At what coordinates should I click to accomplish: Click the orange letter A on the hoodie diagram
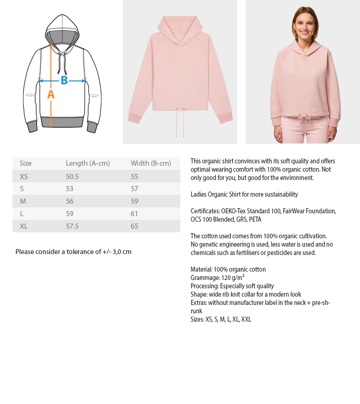[51, 94]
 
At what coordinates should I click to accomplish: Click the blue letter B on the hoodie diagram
[64, 81]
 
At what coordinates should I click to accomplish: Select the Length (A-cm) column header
[88, 163]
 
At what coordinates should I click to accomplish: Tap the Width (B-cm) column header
[151, 163]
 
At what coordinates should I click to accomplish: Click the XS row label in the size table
[24, 177]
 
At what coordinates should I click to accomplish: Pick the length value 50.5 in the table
[72, 177]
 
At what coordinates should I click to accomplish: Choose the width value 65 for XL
[134, 226]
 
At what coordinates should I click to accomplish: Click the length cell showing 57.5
[72, 226]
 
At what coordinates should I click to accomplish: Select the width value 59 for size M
[134, 201]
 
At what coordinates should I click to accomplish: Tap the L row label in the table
[22, 214]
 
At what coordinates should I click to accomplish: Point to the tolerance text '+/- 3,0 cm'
[117, 252]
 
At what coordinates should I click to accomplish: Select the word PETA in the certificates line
[255, 219]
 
